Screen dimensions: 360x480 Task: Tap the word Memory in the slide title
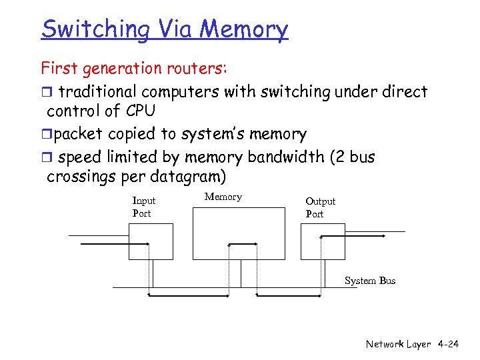(244, 29)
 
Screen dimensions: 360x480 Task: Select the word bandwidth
(296, 157)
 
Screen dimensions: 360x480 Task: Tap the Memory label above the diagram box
(223, 197)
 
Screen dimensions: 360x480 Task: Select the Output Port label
(320, 207)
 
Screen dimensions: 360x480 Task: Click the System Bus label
(369, 281)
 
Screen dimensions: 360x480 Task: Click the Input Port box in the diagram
(151, 241)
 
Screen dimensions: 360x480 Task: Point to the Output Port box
(323, 241)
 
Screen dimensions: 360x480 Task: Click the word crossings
(81, 177)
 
